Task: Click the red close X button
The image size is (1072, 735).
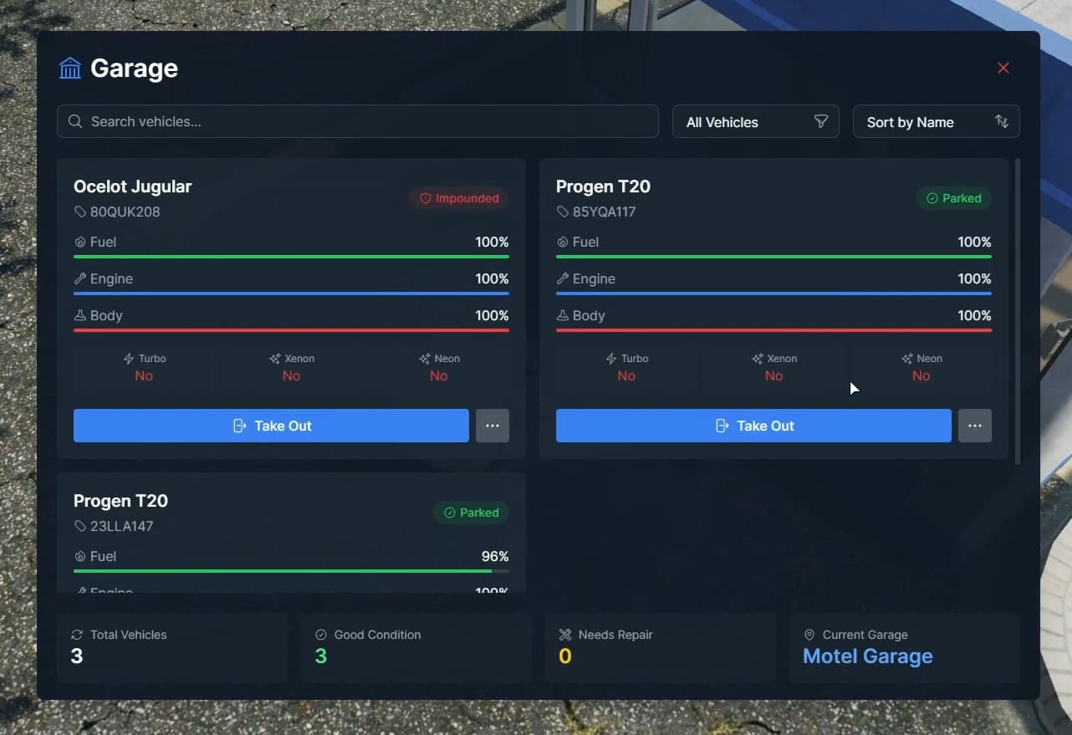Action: (x=1003, y=68)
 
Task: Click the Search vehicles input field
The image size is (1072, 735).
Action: (x=358, y=121)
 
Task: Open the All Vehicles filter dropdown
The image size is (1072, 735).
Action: (x=755, y=122)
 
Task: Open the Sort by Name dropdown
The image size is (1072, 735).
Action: (x=936, y=122)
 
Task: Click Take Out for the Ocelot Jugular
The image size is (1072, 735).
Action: (x=271, y=426)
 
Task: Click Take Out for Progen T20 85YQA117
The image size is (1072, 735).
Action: (x=753, y=426)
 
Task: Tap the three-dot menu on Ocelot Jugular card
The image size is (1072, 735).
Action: (x=493, y=426)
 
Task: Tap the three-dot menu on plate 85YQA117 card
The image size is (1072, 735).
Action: (x=975, y=426)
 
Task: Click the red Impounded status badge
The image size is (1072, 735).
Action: (x=459, y=198)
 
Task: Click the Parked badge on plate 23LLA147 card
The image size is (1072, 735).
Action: (x=471, y=513)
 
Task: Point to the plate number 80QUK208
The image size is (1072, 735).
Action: (x=125, y=212)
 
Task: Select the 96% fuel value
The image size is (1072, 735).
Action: (x=494, y=556)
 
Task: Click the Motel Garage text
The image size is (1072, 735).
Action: (x=867, y=656)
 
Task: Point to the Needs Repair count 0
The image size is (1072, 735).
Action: (x=564, y=656)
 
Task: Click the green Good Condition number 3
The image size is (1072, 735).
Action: (x=320, y=656)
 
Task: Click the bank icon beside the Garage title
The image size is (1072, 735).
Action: (x=70, y=68)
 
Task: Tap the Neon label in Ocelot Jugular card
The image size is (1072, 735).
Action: (x=446, y=359)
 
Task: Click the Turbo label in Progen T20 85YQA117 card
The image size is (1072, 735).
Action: (x=634, y=359)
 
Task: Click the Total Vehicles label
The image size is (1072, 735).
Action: (x=128, y=635)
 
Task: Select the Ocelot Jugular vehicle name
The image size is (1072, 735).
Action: (x=132, y=186)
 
